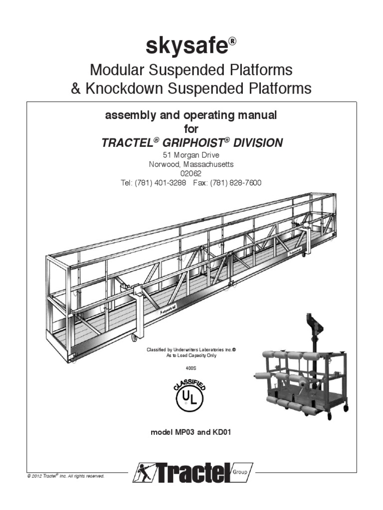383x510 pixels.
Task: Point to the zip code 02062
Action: pos(191,173)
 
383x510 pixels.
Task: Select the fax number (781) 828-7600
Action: pos(236,183)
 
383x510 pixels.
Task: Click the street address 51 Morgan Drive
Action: pos(191,154)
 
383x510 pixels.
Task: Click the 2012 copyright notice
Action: pos(66,476)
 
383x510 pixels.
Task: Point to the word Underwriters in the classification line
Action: pos(188,350)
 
